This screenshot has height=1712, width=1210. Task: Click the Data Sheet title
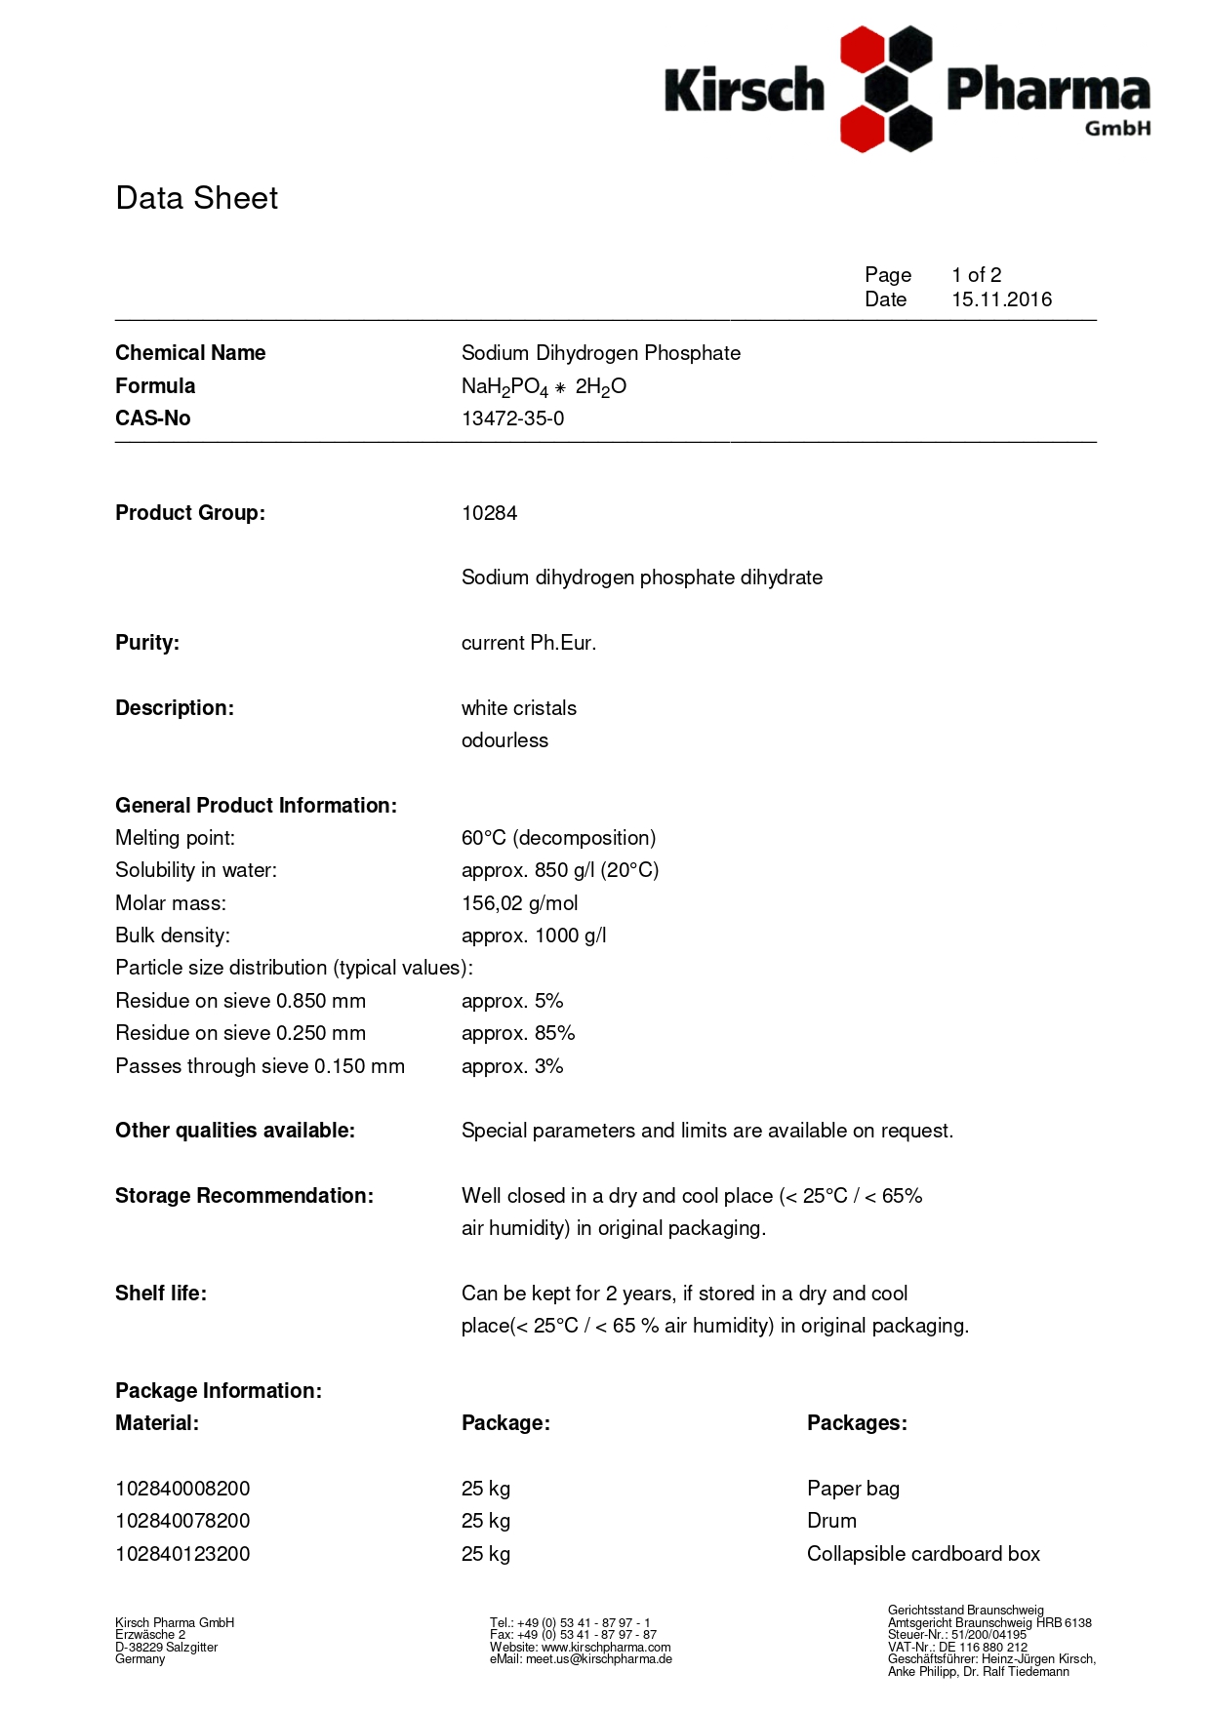[196, 198]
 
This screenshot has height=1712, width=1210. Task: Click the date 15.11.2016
[1001, 299]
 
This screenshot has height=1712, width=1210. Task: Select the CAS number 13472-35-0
[512, 418]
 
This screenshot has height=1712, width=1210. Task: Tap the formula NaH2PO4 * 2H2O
[544, 386]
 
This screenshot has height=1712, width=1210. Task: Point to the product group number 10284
[489, 513]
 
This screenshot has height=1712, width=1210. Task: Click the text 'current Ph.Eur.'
[528, 643]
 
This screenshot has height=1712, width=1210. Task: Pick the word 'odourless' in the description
[504, 740]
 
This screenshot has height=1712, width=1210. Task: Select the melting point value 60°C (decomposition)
[558, 838]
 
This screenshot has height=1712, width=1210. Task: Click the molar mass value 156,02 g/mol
[519, 903]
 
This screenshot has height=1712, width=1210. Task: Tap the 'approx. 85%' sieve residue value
[518, 1033]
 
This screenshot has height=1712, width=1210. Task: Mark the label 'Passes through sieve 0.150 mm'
[260, 1066]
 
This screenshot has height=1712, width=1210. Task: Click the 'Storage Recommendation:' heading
[244, 1196]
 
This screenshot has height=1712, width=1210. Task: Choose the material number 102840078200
[182, 1521]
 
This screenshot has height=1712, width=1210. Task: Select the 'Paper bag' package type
[853, 1489]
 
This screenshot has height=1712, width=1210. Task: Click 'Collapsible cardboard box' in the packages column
[923, 1554]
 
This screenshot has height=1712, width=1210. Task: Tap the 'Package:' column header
[505, 1423]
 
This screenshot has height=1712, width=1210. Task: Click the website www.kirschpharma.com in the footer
[605, 1647]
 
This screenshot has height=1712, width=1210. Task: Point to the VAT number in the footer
[957, 1647]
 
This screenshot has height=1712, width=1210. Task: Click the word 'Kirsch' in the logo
[744, 90]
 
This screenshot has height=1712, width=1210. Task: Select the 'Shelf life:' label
[161, 1294]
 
